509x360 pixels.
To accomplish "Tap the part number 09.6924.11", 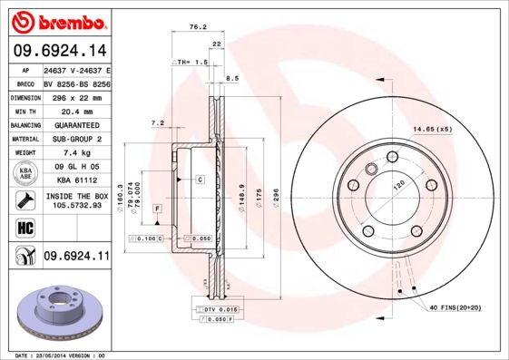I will pyautogui.click(x=76, y=257).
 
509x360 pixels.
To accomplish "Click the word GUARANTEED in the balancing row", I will pyautogui.click(x=75, y=125).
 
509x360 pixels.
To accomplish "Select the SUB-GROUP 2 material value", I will pyautogui.click(x=75, y=139).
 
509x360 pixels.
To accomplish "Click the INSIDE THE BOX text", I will pyautogui.click(x=76, y=196).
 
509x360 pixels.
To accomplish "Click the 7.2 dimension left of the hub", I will pyautogui.click(x=156, y=122).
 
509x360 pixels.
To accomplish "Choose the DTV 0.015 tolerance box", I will pyautogui.click(x=213, y=311).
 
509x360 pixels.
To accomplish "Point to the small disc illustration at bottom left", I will pyautogui.click(x=58, y=309).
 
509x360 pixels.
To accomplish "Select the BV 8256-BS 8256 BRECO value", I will pyautogui.click(x=76, y=83).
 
